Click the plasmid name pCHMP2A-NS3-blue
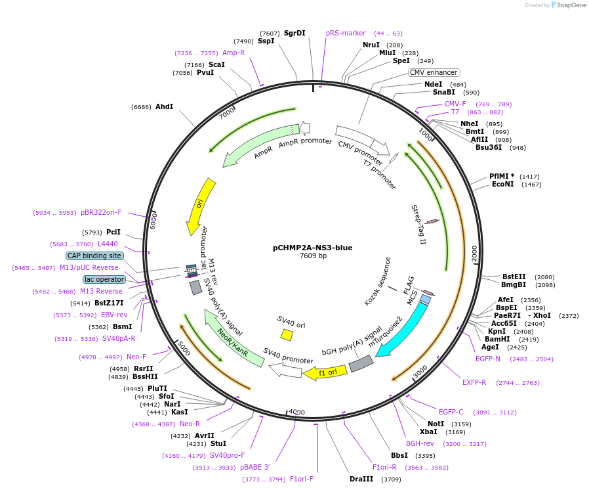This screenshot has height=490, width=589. click(x=313, y=248)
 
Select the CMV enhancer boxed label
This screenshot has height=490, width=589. click(x=434, y=72)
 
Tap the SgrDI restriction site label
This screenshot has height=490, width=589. click(x=294, y=33)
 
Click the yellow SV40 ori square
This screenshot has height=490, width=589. click(x=287, y=335)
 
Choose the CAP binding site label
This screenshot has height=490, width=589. click(x=94, y=256)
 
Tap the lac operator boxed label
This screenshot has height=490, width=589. click(x=104, y=279)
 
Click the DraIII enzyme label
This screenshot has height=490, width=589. click(x=361, y=479)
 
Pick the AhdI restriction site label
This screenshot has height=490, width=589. click(x=164, y=106)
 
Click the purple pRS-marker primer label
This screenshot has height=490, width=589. click(x=346, y=33)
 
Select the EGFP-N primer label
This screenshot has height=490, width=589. click(x=488, y=359)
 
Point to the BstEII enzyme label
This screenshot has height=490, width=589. click(x=514, y=277)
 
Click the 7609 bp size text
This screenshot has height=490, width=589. click(x=313, y=256)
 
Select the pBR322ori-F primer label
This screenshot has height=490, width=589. click(x=101, y=212)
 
